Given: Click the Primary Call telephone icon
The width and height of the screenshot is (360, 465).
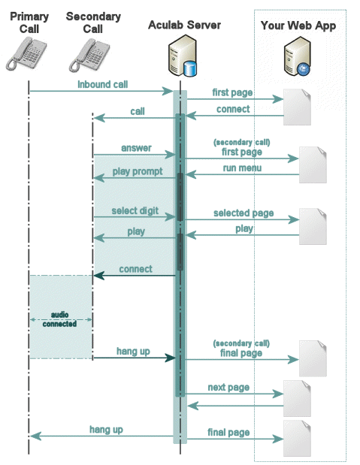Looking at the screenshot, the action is pyautogui.click(x=26, y=54).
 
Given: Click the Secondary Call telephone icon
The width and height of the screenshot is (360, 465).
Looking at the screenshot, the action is pyautogui.click(x=89, y=56).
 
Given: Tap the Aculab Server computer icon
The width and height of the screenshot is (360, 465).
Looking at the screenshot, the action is pyautogui.click(x=183, y=56).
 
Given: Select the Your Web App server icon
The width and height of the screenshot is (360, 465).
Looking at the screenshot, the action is pyautogui.click(x=297, y=56).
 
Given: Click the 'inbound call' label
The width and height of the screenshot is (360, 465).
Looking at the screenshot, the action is pyautogui.click(x=103, y=85).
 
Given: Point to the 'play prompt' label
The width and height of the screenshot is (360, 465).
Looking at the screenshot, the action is pyautogui.click(x=138, y=171).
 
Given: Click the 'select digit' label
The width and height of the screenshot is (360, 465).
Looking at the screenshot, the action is pyautogui.click(x=135, y=210).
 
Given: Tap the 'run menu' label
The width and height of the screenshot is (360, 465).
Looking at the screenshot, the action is pyautogui.click(x=242, y=168).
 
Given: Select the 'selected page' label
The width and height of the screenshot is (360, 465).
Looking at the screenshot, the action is pyautogui.click(x=244, y=213).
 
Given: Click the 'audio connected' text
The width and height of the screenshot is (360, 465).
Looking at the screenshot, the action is pyautogui.click(x=59, y=319).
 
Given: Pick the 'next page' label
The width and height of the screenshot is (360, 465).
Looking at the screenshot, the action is pyautogui.click(x=228, y=388).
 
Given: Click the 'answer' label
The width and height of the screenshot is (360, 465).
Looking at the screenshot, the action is pyautogui.click(x=136, y=148).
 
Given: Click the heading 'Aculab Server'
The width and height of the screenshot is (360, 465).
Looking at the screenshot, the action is pyautogui.click(x=184, y=25).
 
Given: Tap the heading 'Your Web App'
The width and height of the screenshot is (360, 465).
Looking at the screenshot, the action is pyautogui.click(x=298, y=26).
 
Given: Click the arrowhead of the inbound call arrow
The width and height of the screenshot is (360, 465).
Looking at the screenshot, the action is pyautogui.click(x=168, y=91).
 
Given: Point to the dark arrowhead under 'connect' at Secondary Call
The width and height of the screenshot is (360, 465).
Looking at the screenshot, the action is pyautogui.click(x=98, y=276).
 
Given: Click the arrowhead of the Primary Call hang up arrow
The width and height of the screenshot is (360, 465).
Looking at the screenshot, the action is pyautogui.click(x=35, y=436).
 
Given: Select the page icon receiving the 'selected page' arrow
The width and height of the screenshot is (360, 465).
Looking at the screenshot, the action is pyautogui.click(x=313, y=227).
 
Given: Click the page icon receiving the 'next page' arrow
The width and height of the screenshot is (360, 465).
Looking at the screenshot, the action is pyautogui.click(x=297, y=399).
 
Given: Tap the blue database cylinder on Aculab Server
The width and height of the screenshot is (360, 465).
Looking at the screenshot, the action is pyautogui.click(x=190, y=68).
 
